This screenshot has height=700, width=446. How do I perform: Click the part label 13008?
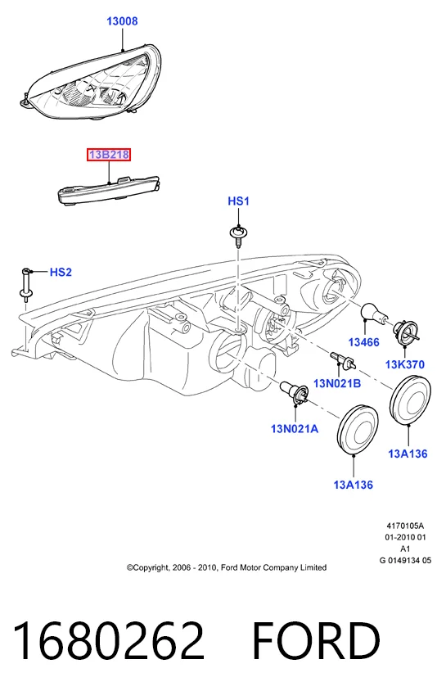point(122,21)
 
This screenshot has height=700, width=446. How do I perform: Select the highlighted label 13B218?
point(109,155)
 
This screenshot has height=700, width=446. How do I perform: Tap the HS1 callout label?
point(238,201)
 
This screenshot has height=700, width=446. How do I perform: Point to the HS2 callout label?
point(61,272)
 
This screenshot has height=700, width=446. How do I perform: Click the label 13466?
point(364,342)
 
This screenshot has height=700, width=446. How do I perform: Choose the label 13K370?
point(405,364)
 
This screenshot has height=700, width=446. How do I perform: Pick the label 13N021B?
point(337,383)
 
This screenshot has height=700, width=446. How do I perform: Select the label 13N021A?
point(295,429)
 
